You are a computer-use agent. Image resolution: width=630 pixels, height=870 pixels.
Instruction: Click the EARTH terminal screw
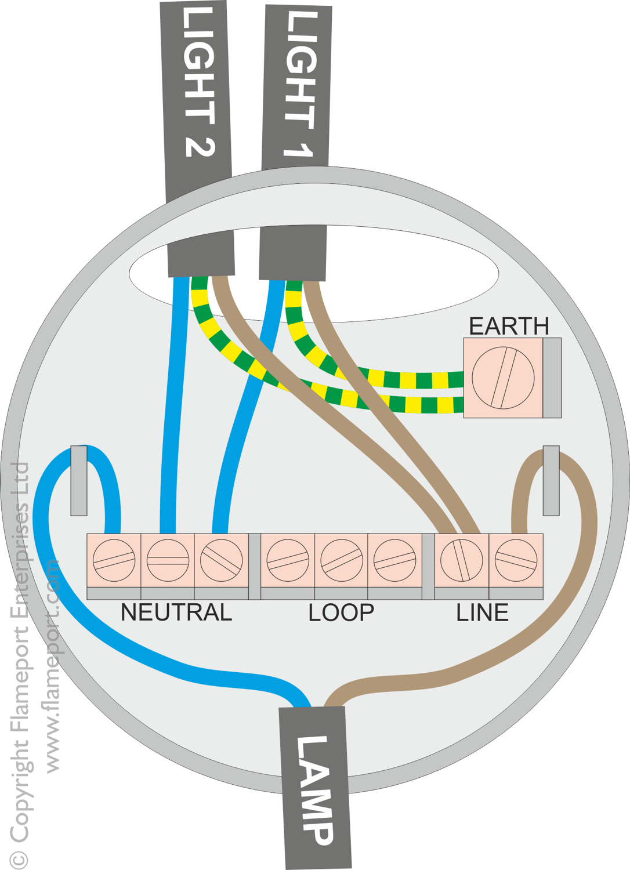click(x=503, y=378)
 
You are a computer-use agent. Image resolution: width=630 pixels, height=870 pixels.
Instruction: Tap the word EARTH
click(x=509, y=327)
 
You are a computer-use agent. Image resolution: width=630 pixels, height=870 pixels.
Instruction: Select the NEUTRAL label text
click(x=176, y=612)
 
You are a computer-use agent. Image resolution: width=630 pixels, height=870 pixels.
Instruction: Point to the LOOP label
click(x=341, y=612)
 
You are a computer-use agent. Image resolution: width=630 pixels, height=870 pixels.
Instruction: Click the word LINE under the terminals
click(x=482, y=612)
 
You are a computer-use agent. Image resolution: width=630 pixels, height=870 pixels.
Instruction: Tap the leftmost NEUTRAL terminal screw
click(x=114, y=560)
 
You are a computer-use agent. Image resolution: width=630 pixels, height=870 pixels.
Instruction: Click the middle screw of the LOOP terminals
click(x=341, y=560)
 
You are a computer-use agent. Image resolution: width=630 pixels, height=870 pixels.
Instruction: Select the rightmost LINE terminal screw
click(x=516, y=560)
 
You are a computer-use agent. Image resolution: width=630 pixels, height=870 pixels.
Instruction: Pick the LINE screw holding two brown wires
click(x=462, y=560)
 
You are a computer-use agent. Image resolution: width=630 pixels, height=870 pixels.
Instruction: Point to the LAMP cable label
click(x=315, y=789)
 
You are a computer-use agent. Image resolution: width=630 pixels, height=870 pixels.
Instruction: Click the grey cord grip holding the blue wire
click(x=79, y=480)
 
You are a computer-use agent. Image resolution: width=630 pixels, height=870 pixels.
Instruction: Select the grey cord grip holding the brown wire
click(x=551, y=480)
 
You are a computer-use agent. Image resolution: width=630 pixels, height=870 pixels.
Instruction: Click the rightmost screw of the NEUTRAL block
click(x=221, y=560)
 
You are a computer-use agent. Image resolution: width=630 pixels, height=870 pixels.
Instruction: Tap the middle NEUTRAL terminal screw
click(x=168, y=560)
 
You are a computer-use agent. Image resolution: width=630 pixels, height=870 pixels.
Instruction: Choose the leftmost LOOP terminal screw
click(x=288, y=560)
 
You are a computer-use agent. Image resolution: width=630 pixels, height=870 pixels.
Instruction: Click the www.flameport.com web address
click(x=52, y=667)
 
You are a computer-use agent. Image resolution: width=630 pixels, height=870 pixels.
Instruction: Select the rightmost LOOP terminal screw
click(x=394, y=560)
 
